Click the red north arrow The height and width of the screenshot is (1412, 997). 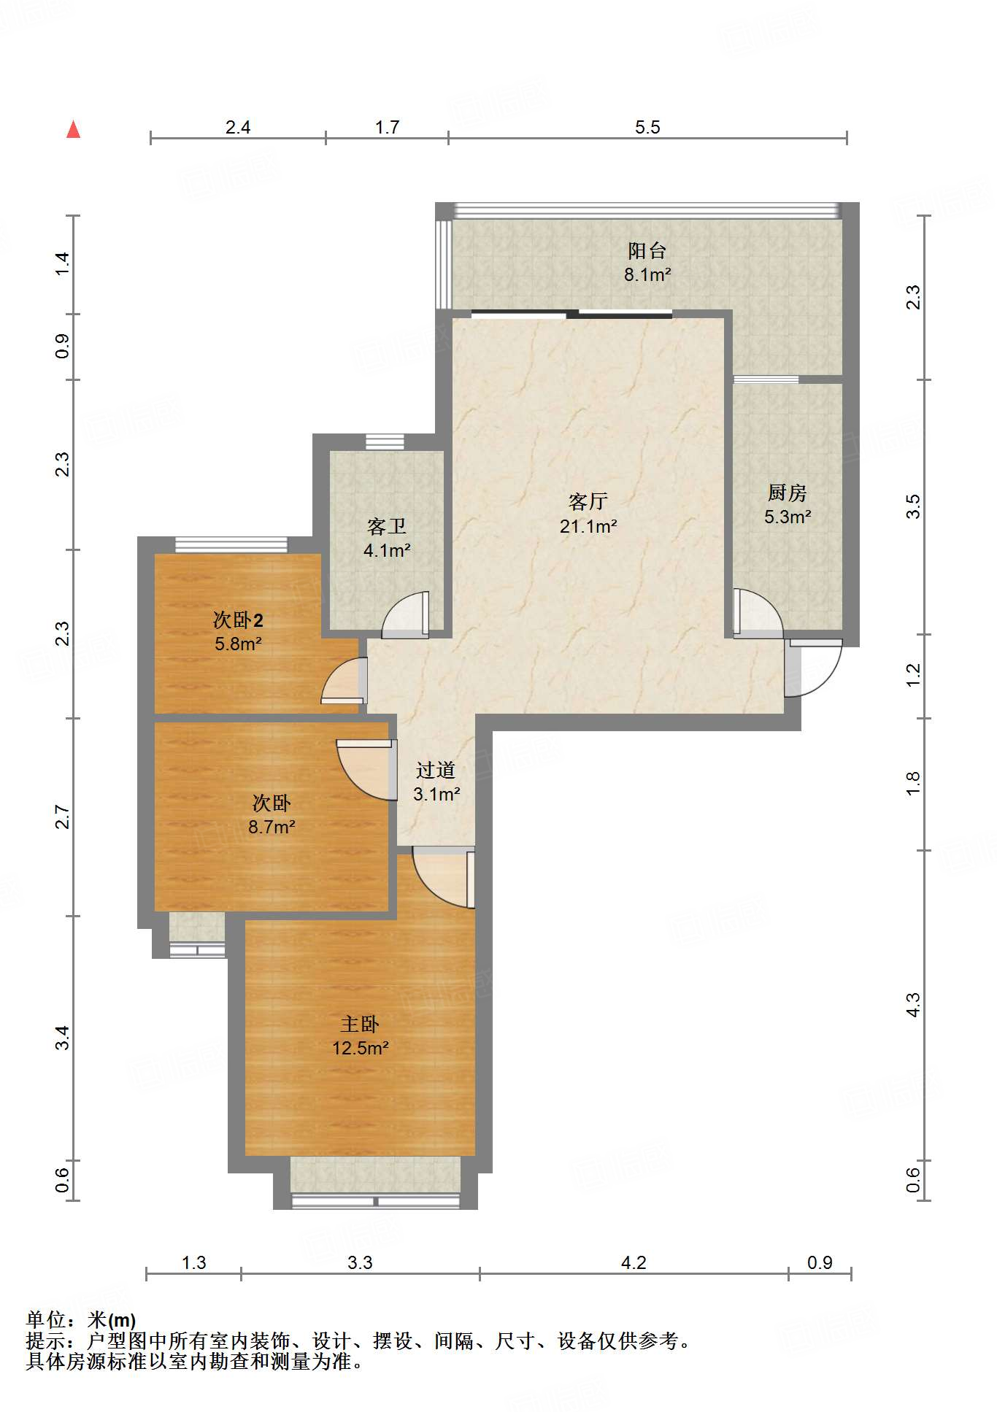(73, 129)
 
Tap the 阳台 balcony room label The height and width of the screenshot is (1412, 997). (647, 251)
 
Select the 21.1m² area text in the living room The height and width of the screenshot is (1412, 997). (588, 526)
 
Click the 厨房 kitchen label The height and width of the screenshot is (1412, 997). (787, 493)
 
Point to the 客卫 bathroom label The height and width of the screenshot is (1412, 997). (387, 526)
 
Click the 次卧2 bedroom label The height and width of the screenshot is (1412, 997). (238, 620)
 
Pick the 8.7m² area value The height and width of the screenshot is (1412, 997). (272, 827)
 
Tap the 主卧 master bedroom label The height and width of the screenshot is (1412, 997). (360, 1025)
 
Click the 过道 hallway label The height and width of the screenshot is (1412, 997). (436, 770)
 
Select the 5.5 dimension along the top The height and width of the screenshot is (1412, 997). (647, 128)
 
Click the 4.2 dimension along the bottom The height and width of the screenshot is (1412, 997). (634, 1262)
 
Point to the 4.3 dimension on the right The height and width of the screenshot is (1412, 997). (913, 1004)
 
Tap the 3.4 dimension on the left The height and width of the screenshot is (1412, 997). (63, 1038)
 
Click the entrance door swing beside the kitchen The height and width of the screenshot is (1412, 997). (813, 668)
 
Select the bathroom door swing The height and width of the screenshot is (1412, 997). (405, 614)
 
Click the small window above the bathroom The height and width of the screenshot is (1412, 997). (385, 441)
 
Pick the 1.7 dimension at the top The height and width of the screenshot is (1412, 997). (387, 128)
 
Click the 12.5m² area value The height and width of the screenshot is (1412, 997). (360, 1049)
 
